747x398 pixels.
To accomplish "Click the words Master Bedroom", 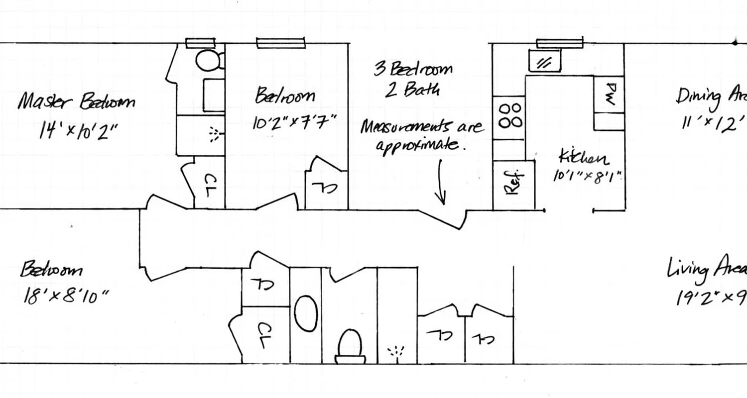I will pos(76,102).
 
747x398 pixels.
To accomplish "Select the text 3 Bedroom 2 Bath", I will pos(413,79).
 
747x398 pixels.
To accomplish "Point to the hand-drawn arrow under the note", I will pos(441,182).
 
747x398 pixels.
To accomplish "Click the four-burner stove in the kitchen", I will pos(509,115).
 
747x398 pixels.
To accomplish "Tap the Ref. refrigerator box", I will pos(513,184).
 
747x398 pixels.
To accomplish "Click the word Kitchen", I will pos(583,158).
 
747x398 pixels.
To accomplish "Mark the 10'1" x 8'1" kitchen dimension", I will pos(588,176).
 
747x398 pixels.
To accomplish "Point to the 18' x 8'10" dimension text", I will pos(65,297).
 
